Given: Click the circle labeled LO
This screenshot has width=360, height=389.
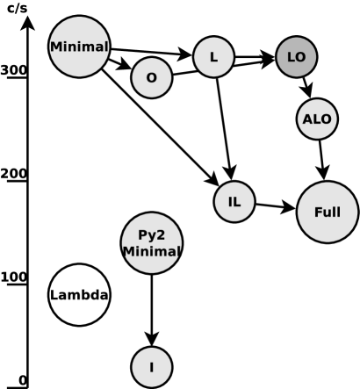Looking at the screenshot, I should point(296,57).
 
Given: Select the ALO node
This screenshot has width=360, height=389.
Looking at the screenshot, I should point(317,119).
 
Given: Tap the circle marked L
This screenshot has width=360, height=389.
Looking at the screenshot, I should point(213,57).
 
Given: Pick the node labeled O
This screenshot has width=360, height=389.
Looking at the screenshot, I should point(151,78).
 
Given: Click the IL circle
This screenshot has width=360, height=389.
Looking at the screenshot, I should point(234,202).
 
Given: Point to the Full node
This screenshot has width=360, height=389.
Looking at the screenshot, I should point(327,213).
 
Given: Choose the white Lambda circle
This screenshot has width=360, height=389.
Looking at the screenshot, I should point(79,295).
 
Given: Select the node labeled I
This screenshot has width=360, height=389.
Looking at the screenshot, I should point(151,367).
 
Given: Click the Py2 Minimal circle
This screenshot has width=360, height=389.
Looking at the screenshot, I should point(151,243).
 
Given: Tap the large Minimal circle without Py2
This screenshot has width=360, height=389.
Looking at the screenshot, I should point(79,47).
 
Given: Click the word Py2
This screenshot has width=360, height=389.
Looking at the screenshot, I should point(151,235).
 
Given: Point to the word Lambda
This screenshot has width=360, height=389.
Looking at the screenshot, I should point(79,295).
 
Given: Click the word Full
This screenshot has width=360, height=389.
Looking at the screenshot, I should point(327,213).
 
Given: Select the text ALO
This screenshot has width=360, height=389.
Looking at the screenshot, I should point(317,119).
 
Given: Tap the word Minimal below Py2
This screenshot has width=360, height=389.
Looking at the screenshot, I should point(151,252).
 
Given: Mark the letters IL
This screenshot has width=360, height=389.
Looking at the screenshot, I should point(234,202).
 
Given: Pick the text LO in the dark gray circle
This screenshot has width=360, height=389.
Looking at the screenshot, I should point(296,57).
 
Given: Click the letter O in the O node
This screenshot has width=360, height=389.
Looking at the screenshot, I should point(151,78).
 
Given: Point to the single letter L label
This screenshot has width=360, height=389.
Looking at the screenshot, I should point(213,57).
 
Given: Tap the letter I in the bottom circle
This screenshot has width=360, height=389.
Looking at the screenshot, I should point(151,367).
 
